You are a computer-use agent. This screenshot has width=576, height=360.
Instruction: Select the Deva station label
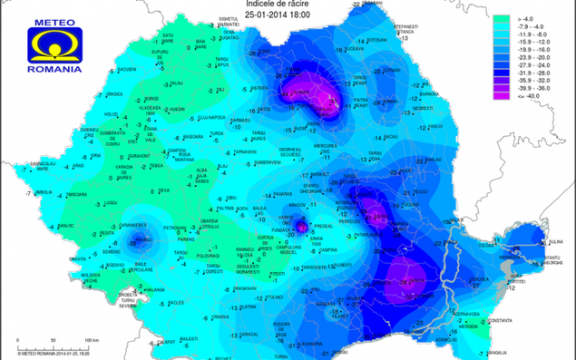[x=164, y=190]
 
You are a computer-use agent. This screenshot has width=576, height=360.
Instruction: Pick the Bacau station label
[x=391, y=136]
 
